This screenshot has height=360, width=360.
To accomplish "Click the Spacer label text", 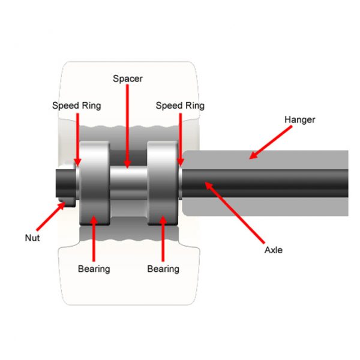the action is [x=128, y=79].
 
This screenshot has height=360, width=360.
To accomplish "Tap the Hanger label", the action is [x=299, y=120].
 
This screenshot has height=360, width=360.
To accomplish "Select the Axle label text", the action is [x=274, y=250].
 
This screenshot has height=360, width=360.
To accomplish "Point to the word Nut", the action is [x=32, y=238].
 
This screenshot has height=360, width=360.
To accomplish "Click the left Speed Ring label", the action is [x=76, y=106].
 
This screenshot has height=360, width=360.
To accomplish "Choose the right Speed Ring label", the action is [x=180, y=106].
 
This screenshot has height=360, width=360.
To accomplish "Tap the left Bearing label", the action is [x=94, y=269].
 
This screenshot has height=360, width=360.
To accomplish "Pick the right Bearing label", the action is [x=163, y=269].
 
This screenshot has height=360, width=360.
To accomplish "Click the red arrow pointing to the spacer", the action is [x=127, y=126].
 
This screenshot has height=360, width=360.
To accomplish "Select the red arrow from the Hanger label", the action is [x=271, y=142].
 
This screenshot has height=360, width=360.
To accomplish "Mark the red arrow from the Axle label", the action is [x=235, y=212].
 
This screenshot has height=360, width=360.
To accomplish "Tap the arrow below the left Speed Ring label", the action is [x=77, y=140].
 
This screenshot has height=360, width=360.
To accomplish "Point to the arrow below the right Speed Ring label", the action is [x=181, y=140].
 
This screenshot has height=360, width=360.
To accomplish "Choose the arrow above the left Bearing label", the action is [x=94, y=239].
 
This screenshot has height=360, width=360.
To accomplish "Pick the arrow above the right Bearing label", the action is [x=163, y=239].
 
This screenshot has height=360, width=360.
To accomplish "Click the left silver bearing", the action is [x=95, y=183].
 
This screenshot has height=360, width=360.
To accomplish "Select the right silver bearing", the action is [x=163, y=183].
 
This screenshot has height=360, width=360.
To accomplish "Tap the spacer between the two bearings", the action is [x=128, y=183].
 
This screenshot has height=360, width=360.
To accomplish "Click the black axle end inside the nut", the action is [x=66, y=183].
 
